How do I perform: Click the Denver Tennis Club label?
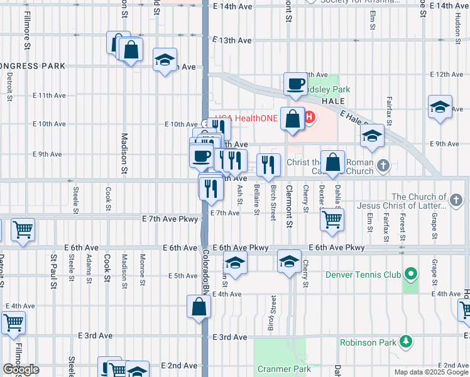[x=363, y=275]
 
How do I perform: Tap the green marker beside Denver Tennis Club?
[x=410, y=274]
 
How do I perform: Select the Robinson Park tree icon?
[x=407, y=342]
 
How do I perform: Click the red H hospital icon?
[x=309, y=117]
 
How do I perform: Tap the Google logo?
[x=21, y=369]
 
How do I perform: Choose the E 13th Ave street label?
[x=232, y=40]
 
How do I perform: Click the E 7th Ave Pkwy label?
[x=170, y=219]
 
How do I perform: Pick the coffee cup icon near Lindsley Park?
[x=295, y=84]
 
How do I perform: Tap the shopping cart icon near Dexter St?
[x=332, y=219]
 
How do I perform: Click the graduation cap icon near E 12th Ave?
[x=165, y=60]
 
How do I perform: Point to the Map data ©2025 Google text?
[x=431, y=372]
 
